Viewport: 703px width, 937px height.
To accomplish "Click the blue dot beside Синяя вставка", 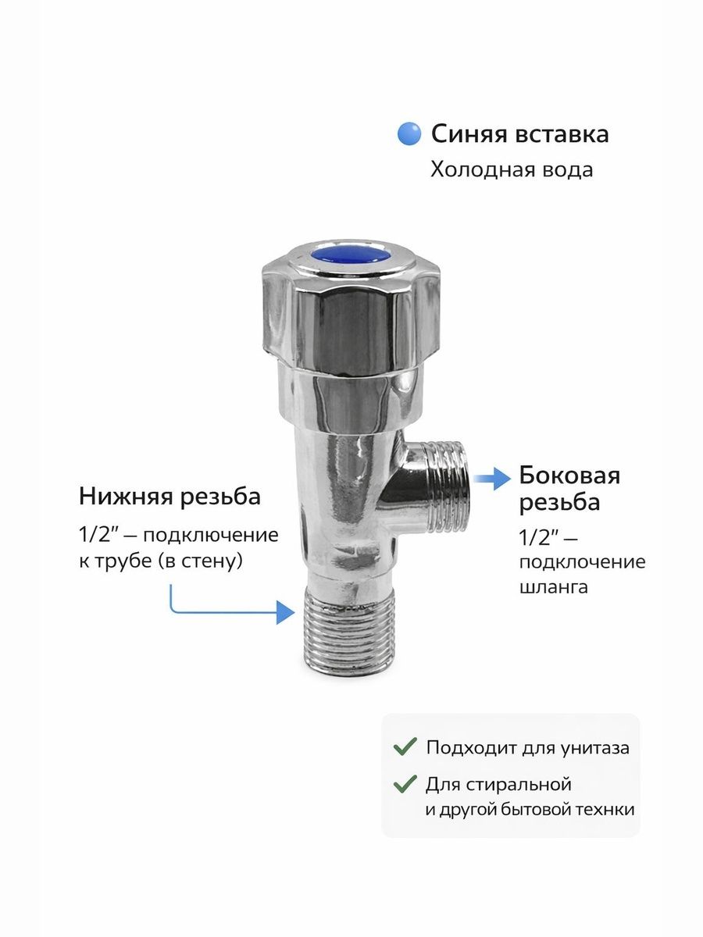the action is tap(409, 134).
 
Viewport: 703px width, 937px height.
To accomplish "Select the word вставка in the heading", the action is tap(562, 134).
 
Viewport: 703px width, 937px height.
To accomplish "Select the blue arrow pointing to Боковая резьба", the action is tap(492, 479).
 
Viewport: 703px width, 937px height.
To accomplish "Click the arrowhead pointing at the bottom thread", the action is tap(286, 613).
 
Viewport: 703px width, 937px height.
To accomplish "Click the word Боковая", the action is tap(569, 476).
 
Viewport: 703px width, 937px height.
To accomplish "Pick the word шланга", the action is tap(554, 588).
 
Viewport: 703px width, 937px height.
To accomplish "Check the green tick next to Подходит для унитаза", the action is tap(405, 746).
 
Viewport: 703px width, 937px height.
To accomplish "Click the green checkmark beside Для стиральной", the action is tap(405, 784).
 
